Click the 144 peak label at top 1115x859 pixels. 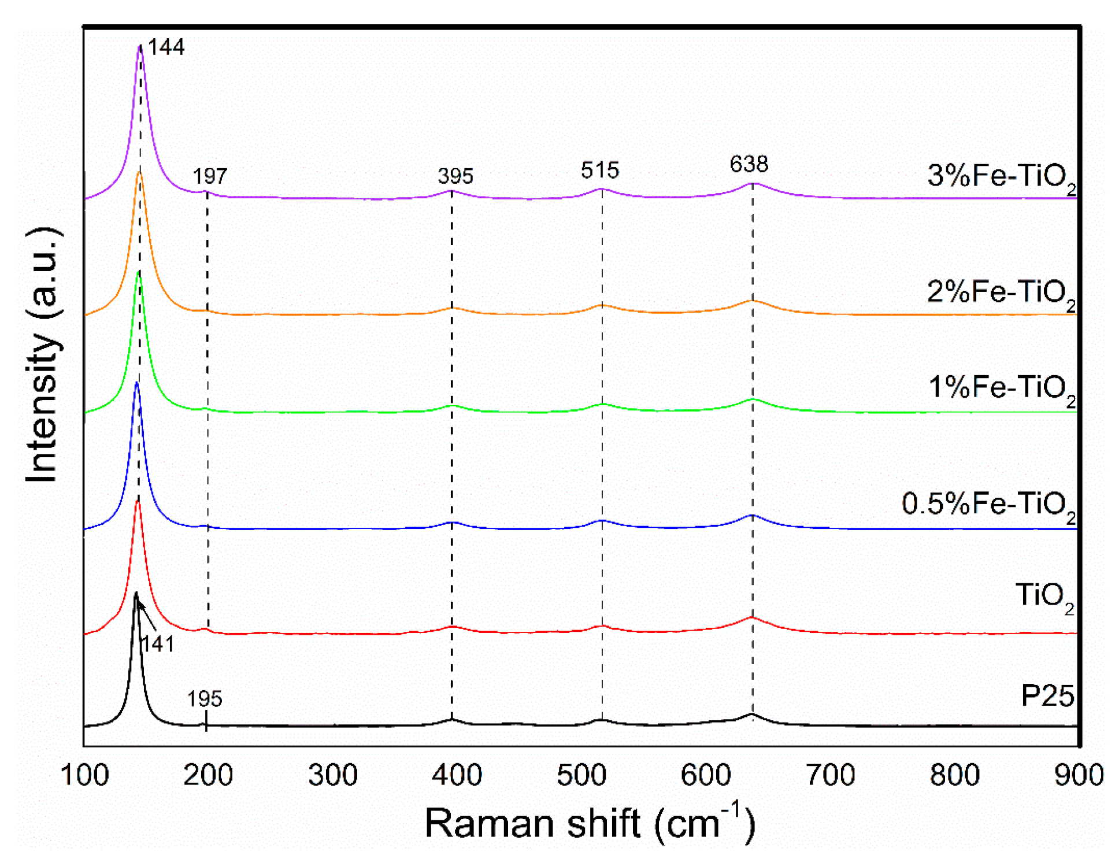166,47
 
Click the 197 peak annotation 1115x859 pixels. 210,176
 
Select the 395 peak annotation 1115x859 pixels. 455,176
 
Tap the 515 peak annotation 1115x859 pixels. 600,170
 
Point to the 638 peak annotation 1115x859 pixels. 749,164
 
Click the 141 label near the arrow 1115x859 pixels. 157,643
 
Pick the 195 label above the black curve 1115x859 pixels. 205,699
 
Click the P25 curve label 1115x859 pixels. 1047,695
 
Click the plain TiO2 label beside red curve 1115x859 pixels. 1044,596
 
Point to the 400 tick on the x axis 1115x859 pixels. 457,775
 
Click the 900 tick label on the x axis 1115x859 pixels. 1079,775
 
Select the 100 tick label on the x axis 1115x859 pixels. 84,775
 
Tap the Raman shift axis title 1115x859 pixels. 590,823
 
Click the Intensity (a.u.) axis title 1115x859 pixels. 43,354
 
